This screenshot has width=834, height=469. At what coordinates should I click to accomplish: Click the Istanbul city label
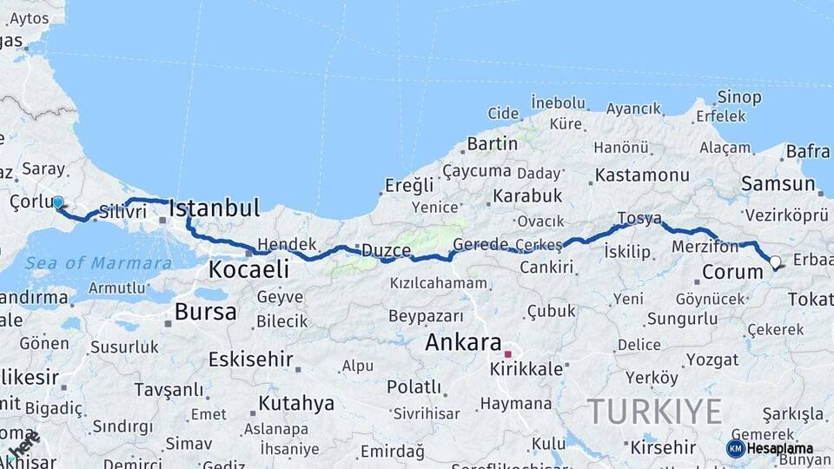(215, 208)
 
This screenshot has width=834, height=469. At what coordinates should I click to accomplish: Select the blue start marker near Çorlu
(58, 203)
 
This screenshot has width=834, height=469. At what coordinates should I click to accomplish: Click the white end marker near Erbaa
(775, 261)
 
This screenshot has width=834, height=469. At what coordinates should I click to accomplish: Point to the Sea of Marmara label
(97, 263)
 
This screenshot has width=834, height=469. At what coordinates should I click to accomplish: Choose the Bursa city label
(205, 312)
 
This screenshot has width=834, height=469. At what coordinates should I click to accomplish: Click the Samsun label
(778, 184)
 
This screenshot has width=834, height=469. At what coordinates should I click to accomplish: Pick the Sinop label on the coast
(740, 96)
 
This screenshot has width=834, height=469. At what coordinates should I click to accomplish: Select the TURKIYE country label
(655, 410)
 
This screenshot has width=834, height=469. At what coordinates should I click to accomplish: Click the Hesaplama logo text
(780, 448)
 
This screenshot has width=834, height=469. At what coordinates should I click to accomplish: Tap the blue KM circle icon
(736, 448)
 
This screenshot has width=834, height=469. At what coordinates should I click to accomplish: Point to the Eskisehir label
(250, 359)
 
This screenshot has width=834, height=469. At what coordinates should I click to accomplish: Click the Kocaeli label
(248, 270)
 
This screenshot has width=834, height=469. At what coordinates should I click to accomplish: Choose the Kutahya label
(296, 403)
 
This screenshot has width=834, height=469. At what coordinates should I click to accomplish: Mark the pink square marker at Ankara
(508, 354)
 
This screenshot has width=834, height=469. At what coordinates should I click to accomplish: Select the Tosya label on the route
(639, 218)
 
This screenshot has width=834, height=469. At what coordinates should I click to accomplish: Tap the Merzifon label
(705, 247)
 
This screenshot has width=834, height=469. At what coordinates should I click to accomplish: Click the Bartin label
(492, 143)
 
